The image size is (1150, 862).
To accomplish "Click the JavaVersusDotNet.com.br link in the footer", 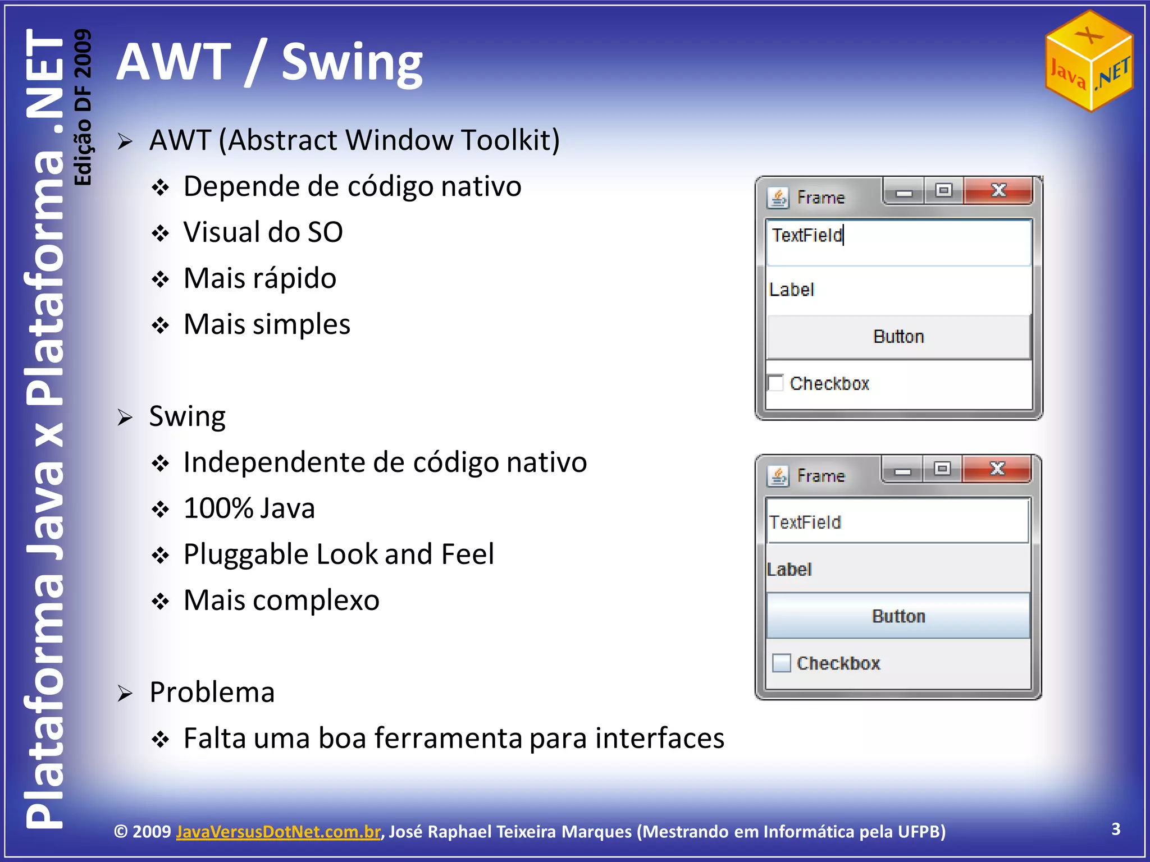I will [x=278, y=831].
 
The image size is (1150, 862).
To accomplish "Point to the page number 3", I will [x=1116, y=829].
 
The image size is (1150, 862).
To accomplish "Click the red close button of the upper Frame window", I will [x=998, y=191].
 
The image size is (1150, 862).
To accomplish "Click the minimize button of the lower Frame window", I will [x=902, y=470].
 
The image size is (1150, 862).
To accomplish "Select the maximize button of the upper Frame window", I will [x=944, y=191].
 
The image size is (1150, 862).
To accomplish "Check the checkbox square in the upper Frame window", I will [x=775, y=383].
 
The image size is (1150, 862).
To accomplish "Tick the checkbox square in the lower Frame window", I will [x=781, y=663].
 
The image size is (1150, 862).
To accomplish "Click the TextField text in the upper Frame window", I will [x=807, y=235].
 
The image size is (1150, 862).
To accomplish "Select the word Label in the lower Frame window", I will [x=790, y=570].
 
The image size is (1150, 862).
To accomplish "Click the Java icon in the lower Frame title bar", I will [x=778, y=476].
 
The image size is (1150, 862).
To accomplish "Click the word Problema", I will [x=212, y=692].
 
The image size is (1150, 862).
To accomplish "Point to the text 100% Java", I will [x=249, y=508].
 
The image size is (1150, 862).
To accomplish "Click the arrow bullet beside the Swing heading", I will [x=125, y=418].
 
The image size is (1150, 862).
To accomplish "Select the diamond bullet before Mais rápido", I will [x=161, y=279].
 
